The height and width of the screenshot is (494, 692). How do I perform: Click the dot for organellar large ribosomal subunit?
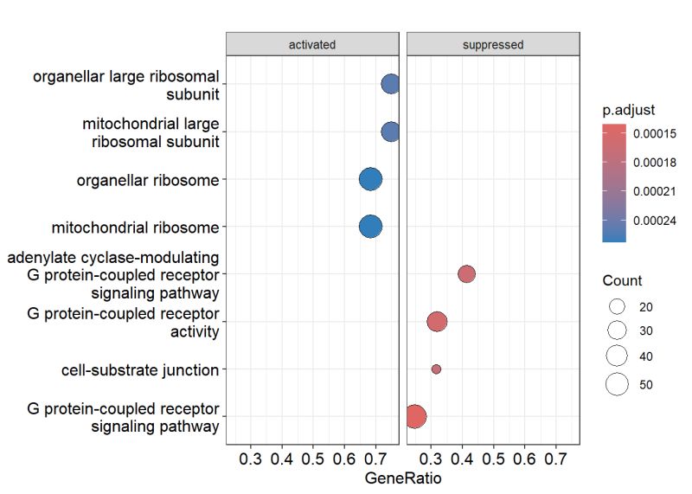coord(391,84)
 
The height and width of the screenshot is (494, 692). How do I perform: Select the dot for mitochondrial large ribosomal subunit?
coord(391,132)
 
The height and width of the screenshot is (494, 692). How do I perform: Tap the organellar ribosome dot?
coord(370,179)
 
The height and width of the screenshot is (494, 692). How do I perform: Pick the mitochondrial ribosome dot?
coord(370,227)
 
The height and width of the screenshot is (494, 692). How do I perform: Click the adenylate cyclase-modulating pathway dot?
coord(466,274)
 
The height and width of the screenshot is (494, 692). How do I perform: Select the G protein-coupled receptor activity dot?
coord(437,322)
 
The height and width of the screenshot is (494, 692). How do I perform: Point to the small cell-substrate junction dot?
coord(436,369)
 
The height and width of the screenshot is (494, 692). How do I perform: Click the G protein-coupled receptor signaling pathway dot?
coord(415,417)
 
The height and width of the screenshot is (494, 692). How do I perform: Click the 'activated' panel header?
coord(312,44)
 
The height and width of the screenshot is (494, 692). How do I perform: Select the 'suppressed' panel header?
coord(492,44)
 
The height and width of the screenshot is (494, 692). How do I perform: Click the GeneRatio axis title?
coord(402,478)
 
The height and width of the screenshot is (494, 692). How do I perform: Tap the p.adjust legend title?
coord(629,111)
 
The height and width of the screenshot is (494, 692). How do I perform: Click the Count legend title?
coord(623,281)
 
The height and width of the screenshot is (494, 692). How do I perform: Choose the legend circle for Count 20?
coord(617,307)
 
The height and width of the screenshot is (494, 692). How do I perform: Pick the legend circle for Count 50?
coord(617,385)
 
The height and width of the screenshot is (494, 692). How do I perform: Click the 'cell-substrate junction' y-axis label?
coord(139,370)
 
